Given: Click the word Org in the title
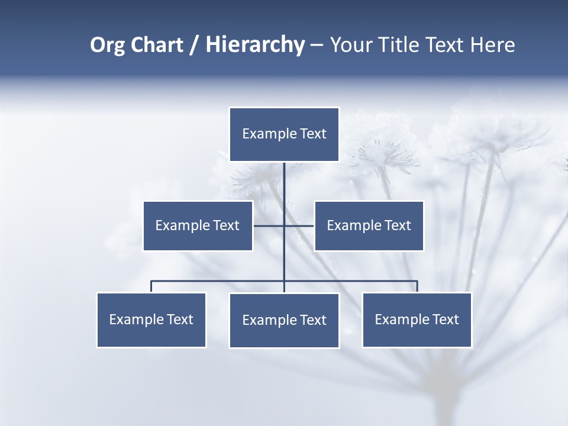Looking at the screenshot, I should pos(108,45).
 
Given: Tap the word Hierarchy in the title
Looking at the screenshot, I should pos(255,45).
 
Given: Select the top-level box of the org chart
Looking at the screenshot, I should pos(284,134).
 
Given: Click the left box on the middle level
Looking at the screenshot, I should pos(198,225).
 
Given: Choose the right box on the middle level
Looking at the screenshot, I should pos(369,225).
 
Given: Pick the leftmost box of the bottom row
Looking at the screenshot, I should pos(151,320).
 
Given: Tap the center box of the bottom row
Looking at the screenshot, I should pos(284,321).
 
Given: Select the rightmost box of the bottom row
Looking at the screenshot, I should pos(417,320).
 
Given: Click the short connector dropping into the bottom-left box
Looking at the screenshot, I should pos(151,286).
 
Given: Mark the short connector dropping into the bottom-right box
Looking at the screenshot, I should pos(417,286).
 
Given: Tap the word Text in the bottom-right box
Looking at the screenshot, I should pos(446,320).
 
